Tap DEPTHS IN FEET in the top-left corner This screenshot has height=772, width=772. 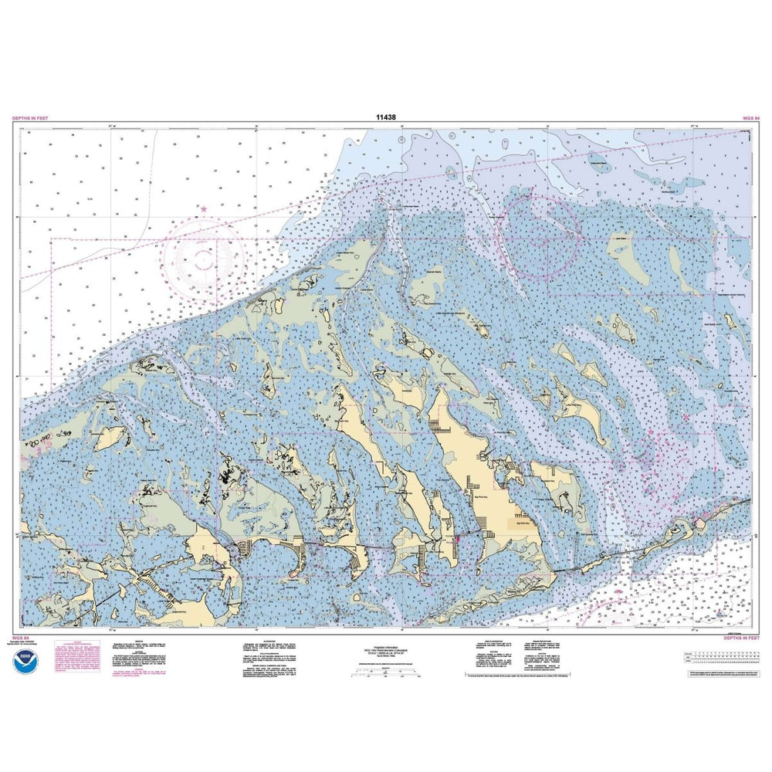(32, 118)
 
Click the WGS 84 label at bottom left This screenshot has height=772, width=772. (22, 638)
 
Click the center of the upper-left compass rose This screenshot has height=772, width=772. (202, 256)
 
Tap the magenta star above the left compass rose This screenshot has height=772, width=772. (204, 208)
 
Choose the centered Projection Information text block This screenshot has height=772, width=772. (386, 654)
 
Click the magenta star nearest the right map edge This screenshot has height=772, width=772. (686, 417)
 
